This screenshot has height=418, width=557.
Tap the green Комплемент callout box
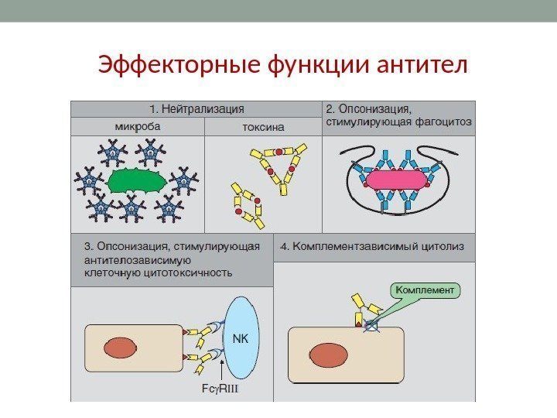(x=426, y=291)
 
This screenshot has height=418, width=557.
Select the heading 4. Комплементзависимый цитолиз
(x=372, y=247)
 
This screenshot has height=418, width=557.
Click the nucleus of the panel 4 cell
(x=328, y=355)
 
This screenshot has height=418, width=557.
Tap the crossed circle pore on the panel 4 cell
(x=372, y=327)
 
